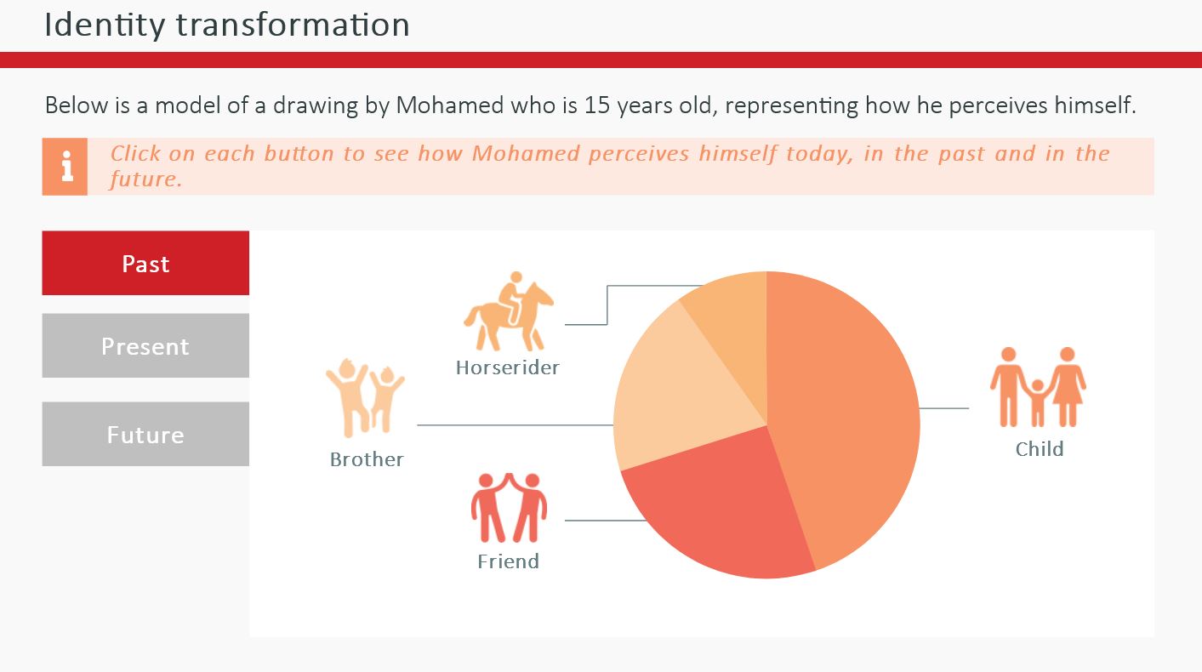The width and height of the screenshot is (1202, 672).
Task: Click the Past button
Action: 145,263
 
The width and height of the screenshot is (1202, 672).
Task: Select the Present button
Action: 145,345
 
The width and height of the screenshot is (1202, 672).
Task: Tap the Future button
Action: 145,434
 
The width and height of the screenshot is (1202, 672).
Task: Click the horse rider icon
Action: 509,310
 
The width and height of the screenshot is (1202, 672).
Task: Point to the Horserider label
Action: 508,367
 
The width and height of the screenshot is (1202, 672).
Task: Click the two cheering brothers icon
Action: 365,398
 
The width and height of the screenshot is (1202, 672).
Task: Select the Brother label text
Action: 367,459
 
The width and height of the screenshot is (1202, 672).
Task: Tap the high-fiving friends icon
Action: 509,507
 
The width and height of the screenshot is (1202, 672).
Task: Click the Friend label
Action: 508,561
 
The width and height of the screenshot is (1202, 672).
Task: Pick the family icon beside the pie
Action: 1038,387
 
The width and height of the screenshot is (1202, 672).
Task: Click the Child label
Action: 1040,449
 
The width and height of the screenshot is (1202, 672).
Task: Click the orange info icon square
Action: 65,167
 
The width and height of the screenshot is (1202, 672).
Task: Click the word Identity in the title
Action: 105,25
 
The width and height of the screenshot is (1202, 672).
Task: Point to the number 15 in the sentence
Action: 597,105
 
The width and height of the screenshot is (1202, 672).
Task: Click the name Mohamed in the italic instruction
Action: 526,153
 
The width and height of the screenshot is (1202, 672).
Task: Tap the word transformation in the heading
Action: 293,25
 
